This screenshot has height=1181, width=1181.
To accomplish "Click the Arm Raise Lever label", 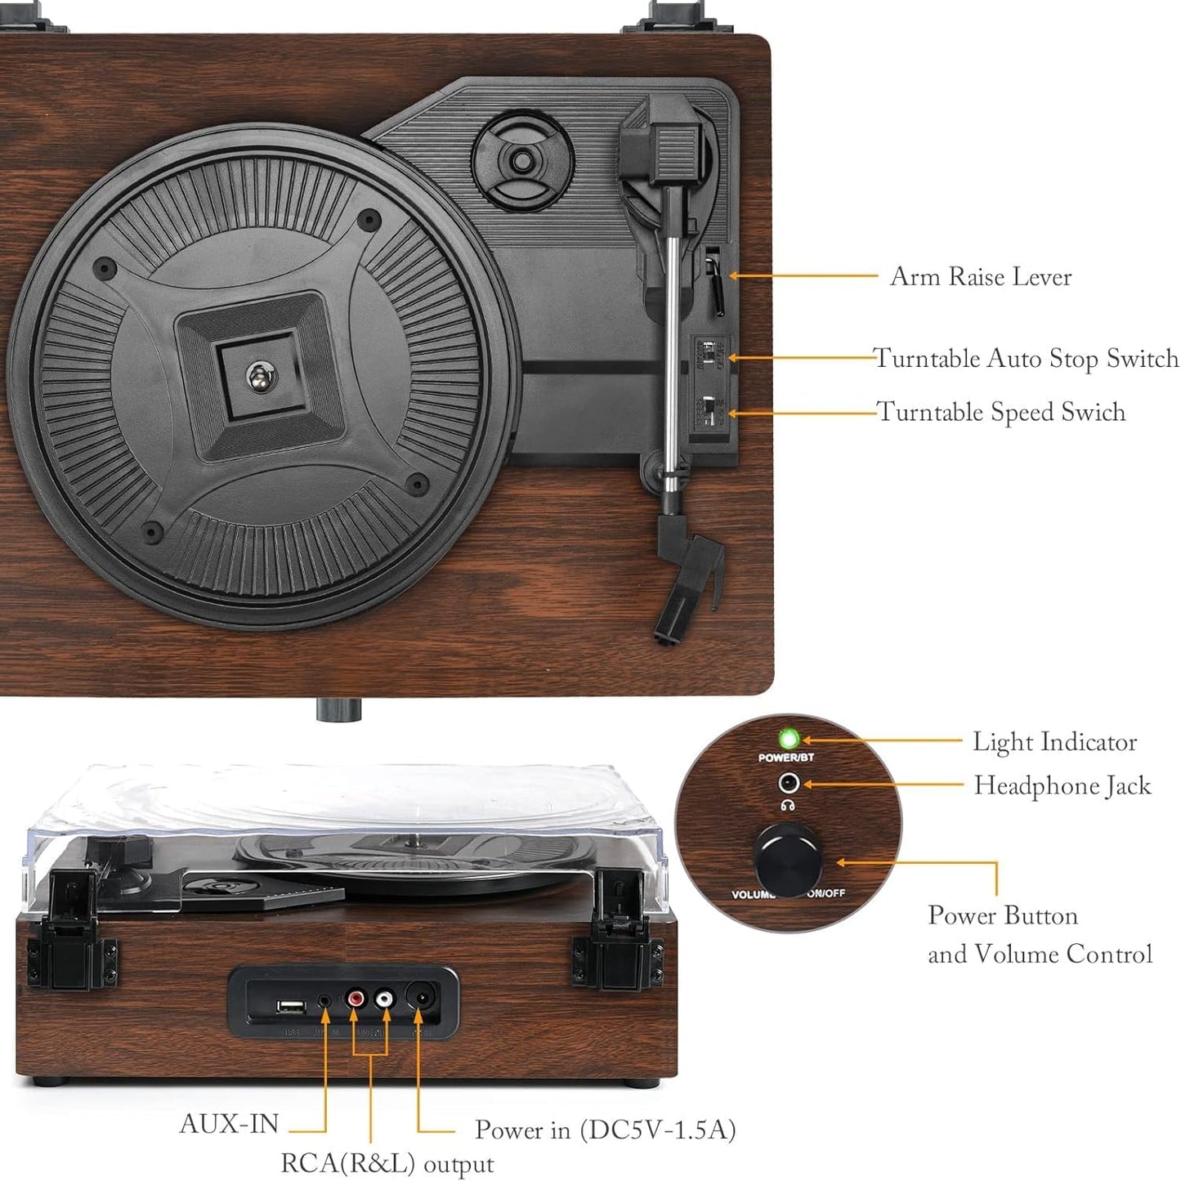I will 980,276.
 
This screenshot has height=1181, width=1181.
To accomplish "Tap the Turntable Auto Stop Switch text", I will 1026,358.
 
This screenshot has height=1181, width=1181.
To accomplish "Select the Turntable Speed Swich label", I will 1000,411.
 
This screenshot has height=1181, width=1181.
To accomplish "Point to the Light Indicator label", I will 1054,741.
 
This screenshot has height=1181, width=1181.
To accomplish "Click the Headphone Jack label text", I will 1062,785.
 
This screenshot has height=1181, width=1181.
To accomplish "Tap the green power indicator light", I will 788,739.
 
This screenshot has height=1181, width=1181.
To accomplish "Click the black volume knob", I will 788,861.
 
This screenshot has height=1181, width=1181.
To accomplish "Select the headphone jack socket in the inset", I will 788,783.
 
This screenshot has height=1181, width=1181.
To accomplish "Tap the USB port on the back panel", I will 291,1005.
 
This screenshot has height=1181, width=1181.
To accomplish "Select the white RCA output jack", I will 384,999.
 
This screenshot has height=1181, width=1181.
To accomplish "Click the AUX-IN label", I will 229,1124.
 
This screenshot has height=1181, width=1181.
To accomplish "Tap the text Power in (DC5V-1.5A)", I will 605,1130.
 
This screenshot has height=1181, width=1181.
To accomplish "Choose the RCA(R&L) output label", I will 387,1163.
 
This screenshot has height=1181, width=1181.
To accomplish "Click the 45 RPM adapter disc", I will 521,160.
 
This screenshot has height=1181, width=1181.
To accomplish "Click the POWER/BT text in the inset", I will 785,758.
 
